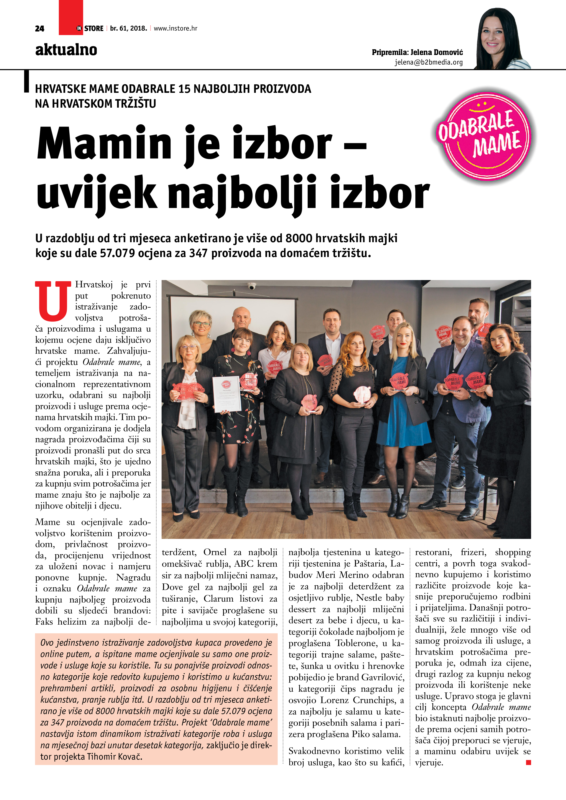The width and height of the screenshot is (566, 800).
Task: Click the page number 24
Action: pos(39,29)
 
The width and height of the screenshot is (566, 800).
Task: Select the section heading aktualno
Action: pos(66,50)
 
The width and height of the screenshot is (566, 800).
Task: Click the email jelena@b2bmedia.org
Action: pos(429,62)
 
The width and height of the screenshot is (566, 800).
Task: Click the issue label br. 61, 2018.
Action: pos(128,29)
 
